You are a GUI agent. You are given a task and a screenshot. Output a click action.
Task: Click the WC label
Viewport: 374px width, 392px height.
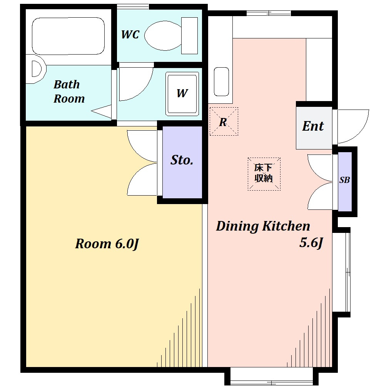pyautogui.click(x=130, y=35)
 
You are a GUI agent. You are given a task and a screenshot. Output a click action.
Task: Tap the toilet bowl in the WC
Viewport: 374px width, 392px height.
pyautogui.click(x=163, y=35)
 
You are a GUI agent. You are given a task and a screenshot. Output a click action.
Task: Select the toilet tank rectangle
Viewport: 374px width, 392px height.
pyautogui.click(x=189, y=35)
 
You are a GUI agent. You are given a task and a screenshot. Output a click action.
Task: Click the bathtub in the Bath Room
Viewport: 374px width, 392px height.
pyautogui.click(x=68, y=36)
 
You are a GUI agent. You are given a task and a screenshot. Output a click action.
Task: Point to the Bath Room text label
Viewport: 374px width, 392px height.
pyautogui.click(x=69, y=91)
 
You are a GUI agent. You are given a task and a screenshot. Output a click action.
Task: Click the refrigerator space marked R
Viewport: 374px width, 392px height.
pyautogui.click(x=224, y=121)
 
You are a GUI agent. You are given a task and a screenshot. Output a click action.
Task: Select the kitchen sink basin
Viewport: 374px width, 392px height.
pyautogui.click(x=222, y=82)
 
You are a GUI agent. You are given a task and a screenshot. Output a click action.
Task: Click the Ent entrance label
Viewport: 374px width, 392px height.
pyautogui.click(x=313, y=126)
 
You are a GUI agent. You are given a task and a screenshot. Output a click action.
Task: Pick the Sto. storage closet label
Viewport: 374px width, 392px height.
pyautogui.click(x=182, y=160)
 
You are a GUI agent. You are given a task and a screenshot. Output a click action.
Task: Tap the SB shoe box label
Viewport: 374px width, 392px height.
pyautogui.click(x=344, y=180)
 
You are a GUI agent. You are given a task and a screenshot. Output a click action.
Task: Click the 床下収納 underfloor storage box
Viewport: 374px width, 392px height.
pyautogui.click(x=264, y=174)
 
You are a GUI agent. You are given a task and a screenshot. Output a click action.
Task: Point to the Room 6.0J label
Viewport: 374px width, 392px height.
pyautogui.click(x=107, y=244)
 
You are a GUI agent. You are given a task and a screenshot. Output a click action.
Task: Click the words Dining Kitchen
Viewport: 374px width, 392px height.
pyautogui.click(x=263, y=226)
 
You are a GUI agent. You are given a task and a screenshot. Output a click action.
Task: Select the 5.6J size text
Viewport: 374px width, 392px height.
pyautogui.click(x=311, y=243)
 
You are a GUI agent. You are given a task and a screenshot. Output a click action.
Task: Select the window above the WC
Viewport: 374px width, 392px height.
pyautogui.click(x=133, y=7)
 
